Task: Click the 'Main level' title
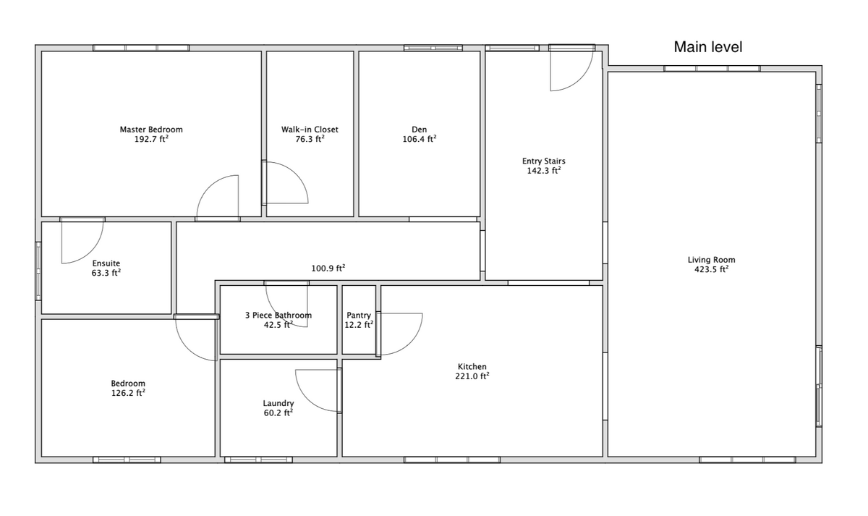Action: click(x=708, y=47)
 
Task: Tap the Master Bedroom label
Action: click(x=151, y=130)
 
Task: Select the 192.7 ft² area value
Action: click(x=151, y=139)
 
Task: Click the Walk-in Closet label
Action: click(x=310, y=130)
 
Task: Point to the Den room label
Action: click(x=420, y=130)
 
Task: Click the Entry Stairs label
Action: click(x=544, y=161)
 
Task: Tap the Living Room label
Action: click(x=712, y=260)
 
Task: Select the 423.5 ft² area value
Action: click(x=712, y=269)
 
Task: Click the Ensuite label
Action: click(x=106, y=263)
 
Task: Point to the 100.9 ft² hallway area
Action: click(x=328, y=268)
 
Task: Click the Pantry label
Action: click(x=359, y=316)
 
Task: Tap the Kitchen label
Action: click(x=472, y=366)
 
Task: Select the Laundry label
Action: click(x=278, y=403)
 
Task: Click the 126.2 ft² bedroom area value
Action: click(x=128, y=393)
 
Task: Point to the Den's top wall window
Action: click(x=433, y=48)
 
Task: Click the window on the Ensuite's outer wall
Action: click(x=38, y=271)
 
